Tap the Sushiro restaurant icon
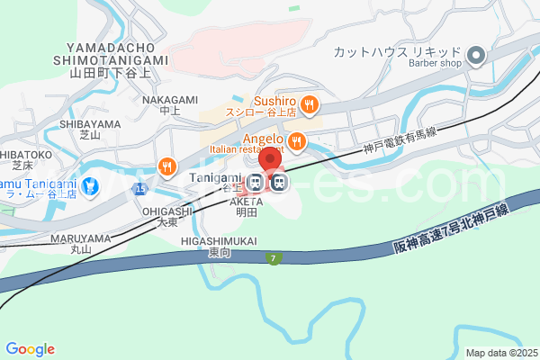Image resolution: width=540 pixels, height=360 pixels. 309,104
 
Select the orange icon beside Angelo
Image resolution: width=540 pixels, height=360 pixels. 296,141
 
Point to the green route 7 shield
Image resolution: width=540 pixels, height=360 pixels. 274,258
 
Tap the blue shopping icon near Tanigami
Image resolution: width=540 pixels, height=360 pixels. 89,187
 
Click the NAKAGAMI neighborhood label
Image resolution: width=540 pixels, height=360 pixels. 164,100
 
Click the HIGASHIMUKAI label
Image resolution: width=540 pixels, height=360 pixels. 220,242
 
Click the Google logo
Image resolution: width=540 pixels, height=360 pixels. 30,349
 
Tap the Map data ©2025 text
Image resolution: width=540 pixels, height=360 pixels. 502,352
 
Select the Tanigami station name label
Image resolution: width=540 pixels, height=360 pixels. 215,178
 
